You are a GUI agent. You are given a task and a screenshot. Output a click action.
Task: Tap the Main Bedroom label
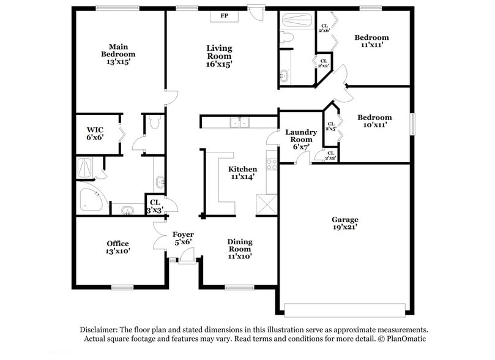pyautogui.click(x=117, y=54)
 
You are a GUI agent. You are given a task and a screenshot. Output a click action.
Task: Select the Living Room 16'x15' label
pyautogui.click(x=218, y=56)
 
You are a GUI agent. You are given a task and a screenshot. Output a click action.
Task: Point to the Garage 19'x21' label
pyautogui.click(x=344, y=223)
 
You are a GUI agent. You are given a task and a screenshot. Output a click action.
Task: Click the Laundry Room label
pyautogui.click(x=300, y=140)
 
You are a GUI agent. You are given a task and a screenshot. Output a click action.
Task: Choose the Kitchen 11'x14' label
pyautogui.click(x=242, y=173)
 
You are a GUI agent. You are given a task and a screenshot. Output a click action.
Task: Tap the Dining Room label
pyautogui.click(x=239, y=249)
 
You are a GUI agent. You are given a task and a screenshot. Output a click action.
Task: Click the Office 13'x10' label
pyautogui.click(x=117, y=247)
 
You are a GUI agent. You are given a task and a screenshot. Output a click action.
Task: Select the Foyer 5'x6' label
pyautogui.click(x=182, y=238)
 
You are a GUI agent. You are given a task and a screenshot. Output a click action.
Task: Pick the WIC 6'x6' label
pyautogui.click(x=95, y=133)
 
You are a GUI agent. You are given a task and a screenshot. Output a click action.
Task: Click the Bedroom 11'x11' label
pyautogui.click(x=371, y=42)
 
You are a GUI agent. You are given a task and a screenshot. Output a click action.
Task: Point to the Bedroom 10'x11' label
pyautogui.click(x=374, y=121)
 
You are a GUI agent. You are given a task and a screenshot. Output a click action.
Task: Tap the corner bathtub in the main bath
pyautogui.click(x=92, y=198)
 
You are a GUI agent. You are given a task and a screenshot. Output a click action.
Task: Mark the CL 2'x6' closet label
pyautogui.click(x=324, y=27)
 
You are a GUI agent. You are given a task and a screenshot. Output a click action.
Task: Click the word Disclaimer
pyautogui.click(x=99, y=329)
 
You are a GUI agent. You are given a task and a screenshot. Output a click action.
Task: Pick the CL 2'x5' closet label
pyautogui.click(x=330, y=126)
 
